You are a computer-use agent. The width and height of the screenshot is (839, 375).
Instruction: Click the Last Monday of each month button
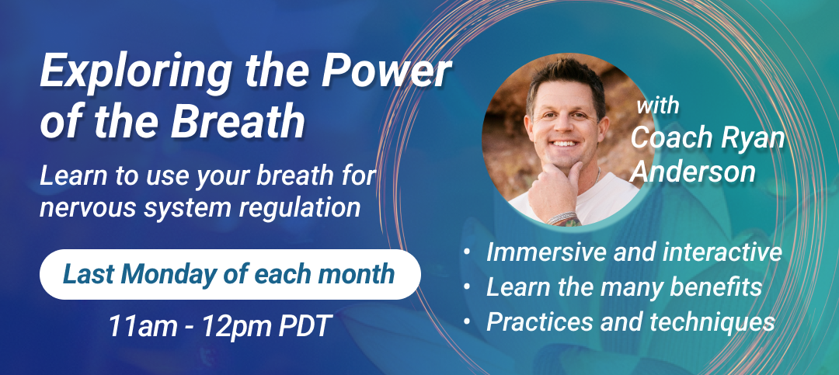click(x=230, y=274)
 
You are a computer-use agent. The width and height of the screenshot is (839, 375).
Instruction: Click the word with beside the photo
click(x=658, y=106)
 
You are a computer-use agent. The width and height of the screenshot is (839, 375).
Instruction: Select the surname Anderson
click(x=693, y=172)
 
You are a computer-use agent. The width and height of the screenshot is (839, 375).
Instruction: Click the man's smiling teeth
click(x=566, y=144)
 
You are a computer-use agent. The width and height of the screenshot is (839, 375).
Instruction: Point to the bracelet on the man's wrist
click(x=561, y=217)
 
